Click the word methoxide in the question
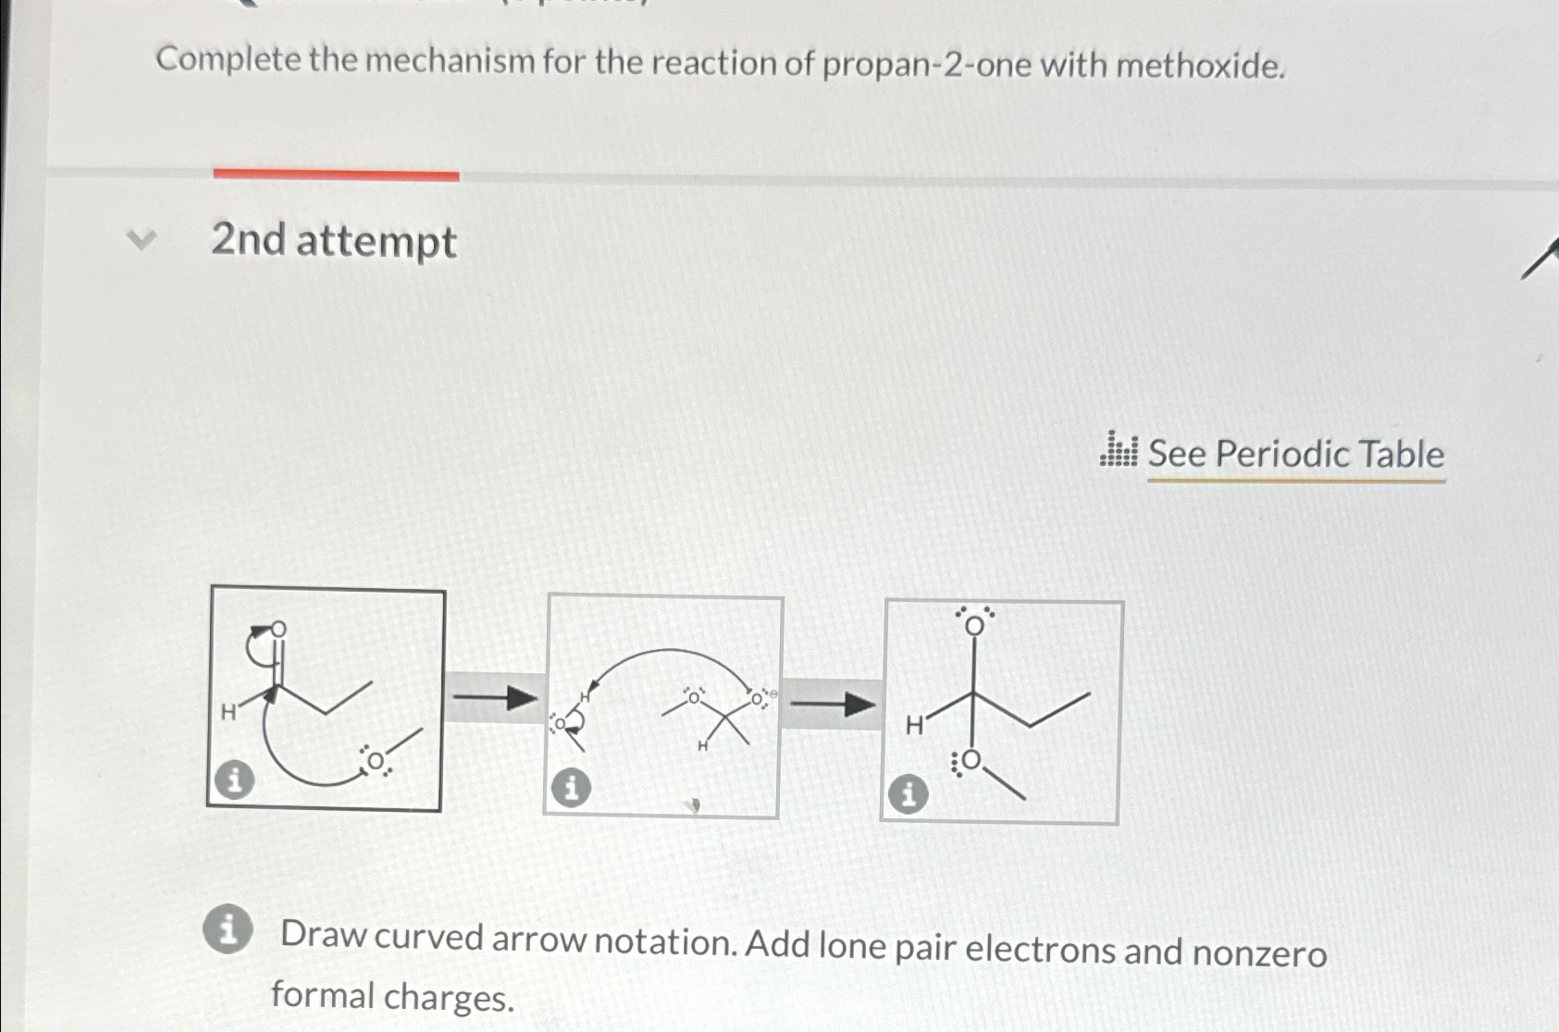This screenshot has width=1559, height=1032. [1200, 66]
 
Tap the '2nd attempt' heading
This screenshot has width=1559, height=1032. [334, 240]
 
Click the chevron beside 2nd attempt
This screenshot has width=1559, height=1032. [141, 240]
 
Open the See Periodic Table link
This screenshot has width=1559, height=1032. [1295, 455]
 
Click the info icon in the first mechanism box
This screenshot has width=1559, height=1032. [234, 780]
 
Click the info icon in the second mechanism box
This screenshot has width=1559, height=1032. [571, 788]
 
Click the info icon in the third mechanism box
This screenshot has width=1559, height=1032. [908, 793]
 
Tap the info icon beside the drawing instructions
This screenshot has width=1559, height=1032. [228, 928]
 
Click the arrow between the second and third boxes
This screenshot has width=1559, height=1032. [832, 706]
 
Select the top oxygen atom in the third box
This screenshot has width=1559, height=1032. [973, 626]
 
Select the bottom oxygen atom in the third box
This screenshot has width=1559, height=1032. [970, 761]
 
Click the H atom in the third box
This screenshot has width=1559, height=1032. [914, 726]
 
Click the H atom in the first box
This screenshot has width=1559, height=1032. [228, 712]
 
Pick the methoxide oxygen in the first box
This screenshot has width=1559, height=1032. [376, 761]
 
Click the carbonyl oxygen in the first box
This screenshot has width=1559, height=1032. [278, 630]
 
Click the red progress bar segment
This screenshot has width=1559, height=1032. [336, 174]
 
